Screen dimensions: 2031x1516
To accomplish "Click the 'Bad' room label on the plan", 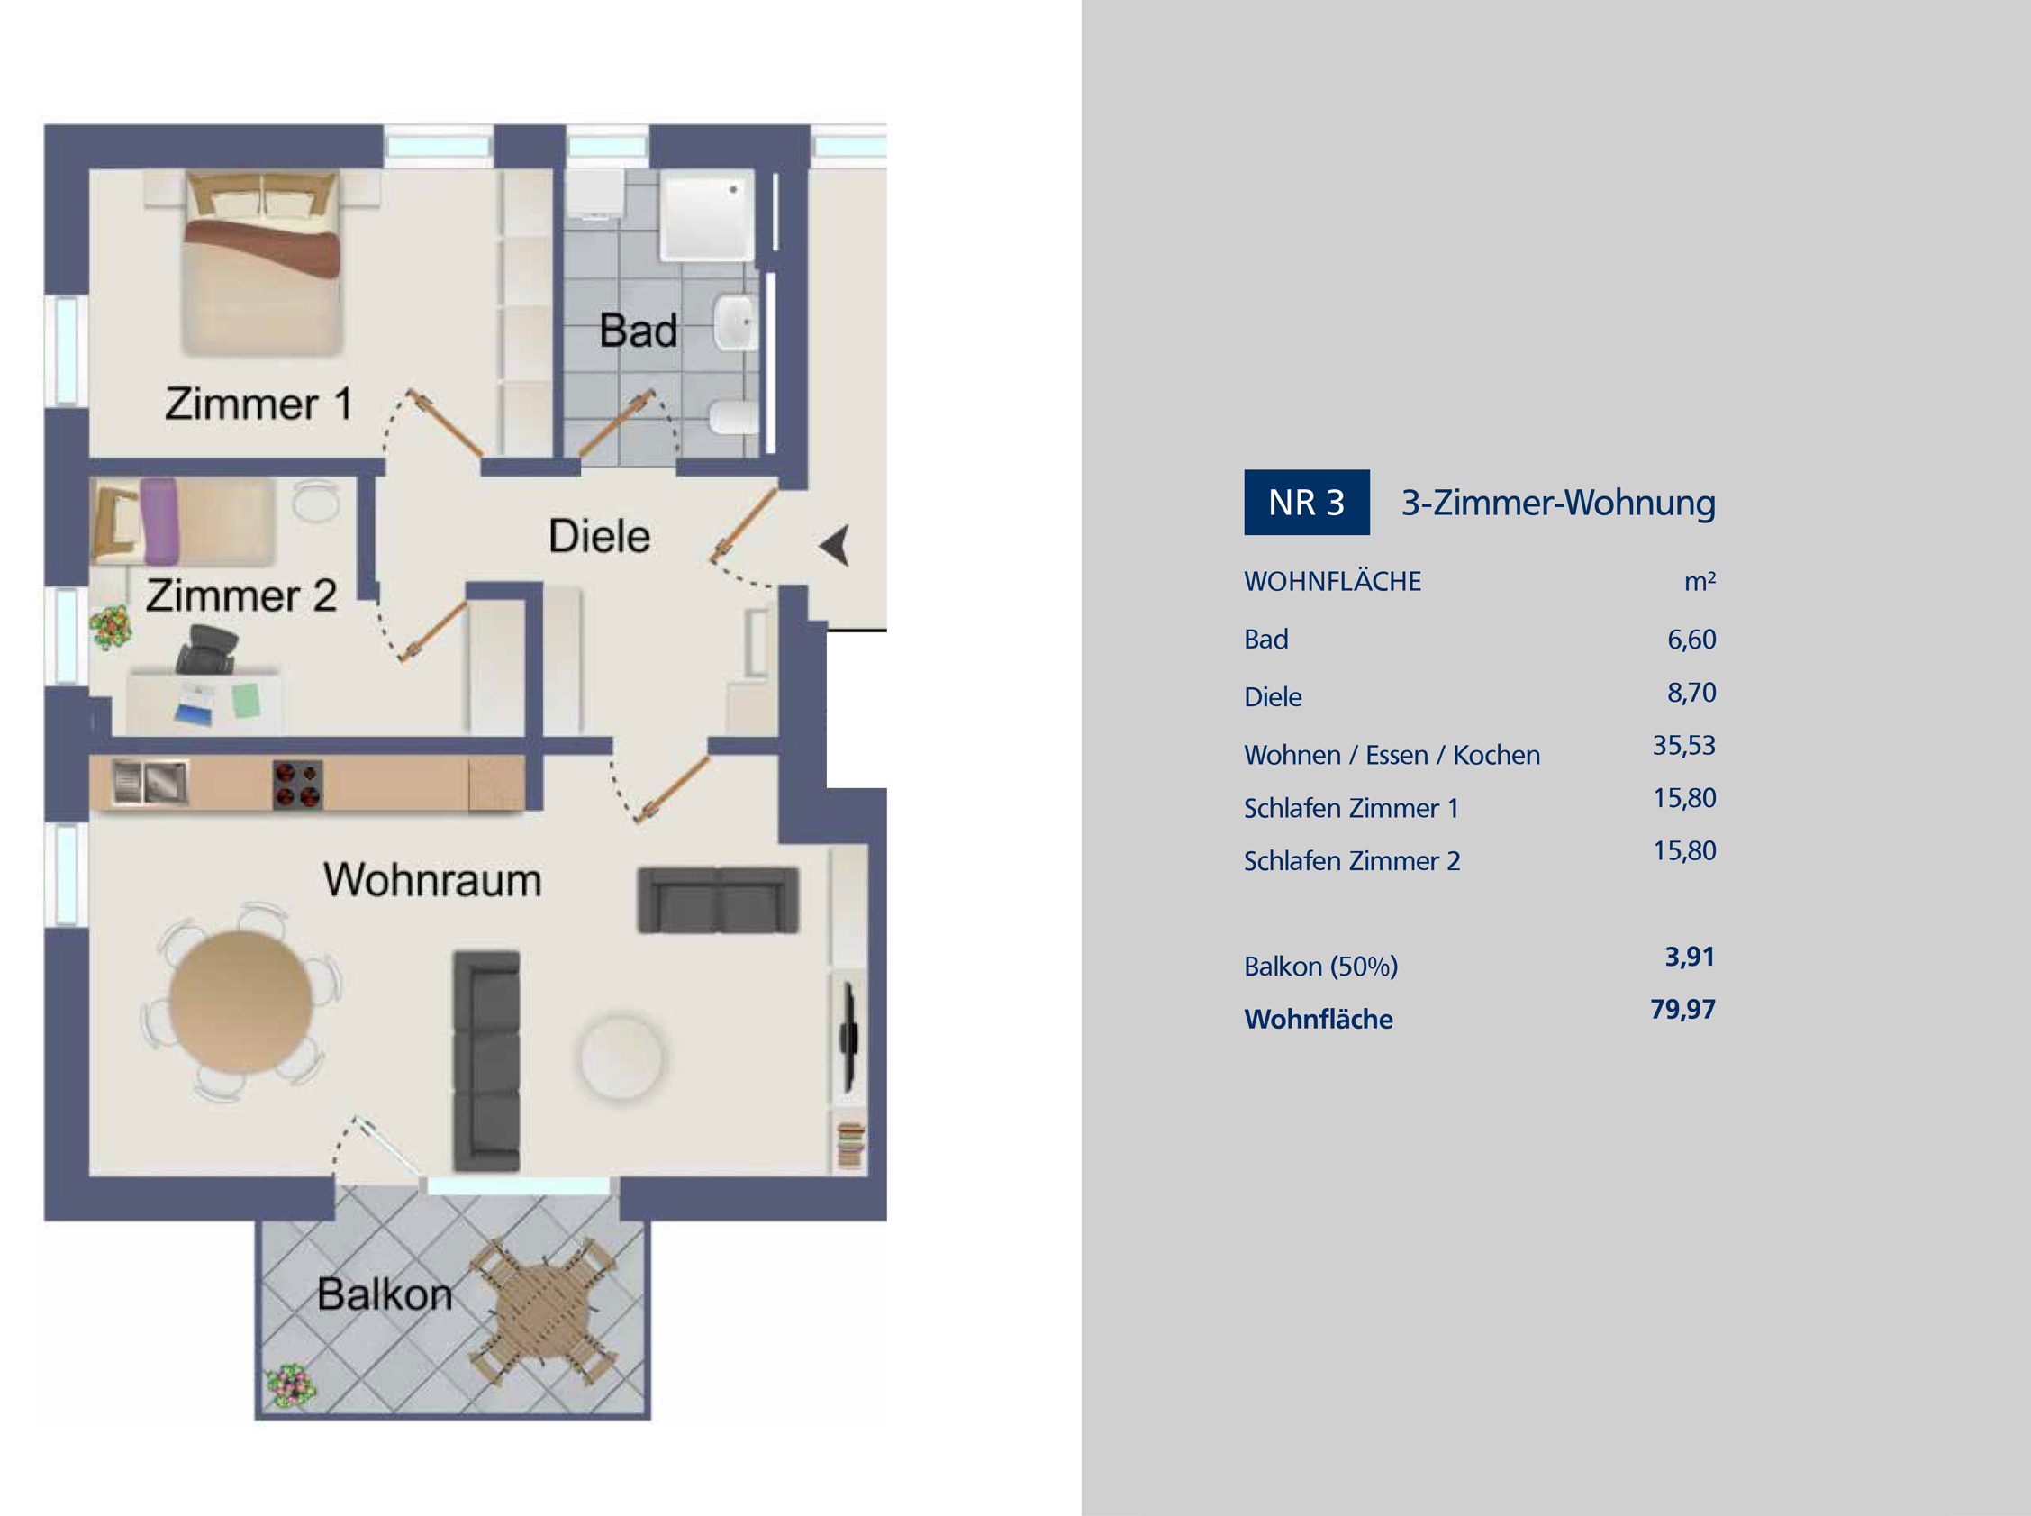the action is pos(639,331).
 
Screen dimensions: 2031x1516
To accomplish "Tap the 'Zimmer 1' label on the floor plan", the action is pos(258,404).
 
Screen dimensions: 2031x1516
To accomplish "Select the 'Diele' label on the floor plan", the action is pos(599,536).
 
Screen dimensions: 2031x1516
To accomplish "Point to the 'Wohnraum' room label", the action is pos(432,880).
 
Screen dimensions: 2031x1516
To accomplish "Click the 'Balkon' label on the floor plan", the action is pos(385,1294).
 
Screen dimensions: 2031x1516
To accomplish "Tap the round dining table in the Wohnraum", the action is pos(240,1002).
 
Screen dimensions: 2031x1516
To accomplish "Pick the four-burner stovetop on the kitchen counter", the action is pos(297,785).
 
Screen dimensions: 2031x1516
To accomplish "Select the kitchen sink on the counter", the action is pos(150,783).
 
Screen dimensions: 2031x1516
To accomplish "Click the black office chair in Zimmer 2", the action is pos(206,649).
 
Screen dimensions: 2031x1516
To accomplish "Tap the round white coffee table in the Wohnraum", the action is pos(622,1056).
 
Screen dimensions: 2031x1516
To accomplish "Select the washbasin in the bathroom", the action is pos(737,323).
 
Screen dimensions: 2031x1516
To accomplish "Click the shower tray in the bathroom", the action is pos(707,213).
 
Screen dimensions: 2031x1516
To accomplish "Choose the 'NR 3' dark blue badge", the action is pos(1306,502).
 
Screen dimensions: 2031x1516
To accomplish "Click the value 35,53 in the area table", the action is pos(1683,745).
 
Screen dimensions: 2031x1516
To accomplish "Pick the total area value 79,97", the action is pos(1682,1010).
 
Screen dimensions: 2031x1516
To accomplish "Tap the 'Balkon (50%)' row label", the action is pos(1320,967).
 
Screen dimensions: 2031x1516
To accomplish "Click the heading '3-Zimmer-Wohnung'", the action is pos(1557,503).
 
